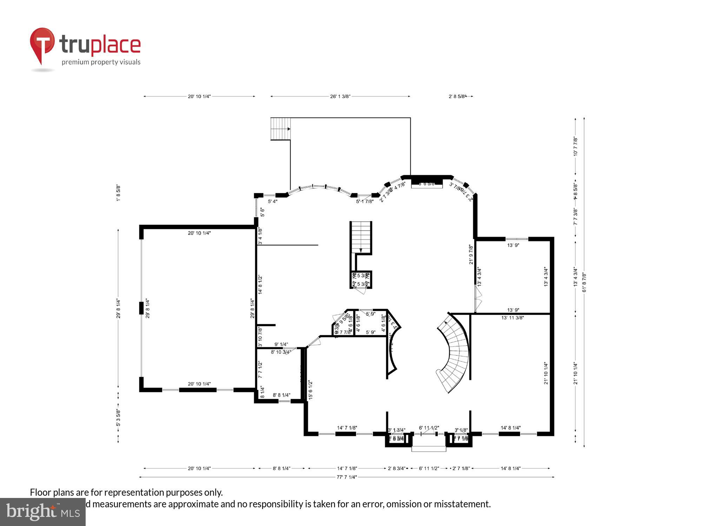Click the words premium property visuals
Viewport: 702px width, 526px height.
click(x=101, y=62)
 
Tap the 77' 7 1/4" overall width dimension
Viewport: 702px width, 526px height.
click(x=346, y=477)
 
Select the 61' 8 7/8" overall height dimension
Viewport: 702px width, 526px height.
click(x=584, y=282)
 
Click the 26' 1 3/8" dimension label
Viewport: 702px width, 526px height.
click(x=340, y=96)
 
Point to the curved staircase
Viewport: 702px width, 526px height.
click(x=455, y=352)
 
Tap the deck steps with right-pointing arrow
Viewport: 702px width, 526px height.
click(x=280, y=129)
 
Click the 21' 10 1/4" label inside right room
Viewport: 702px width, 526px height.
click(x=546, y=373)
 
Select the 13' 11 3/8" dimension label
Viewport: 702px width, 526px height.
click(x=512, y=318)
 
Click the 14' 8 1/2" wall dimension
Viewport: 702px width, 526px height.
click(x=260, y=284)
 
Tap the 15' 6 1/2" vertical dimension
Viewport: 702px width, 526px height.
click(x=310, y=390)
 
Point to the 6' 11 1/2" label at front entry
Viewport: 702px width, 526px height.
click(x=429, y=428)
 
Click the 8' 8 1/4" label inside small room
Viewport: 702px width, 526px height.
click(x=282, y=395)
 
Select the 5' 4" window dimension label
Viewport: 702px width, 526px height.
click(x=272, y=202)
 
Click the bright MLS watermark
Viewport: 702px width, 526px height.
click(x=43, y=512)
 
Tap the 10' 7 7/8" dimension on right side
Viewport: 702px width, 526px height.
click(x=575, y=146)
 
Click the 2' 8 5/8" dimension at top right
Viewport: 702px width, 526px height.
click(x=457, y=96)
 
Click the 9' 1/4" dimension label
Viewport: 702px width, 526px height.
click(x=281, y=344)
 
